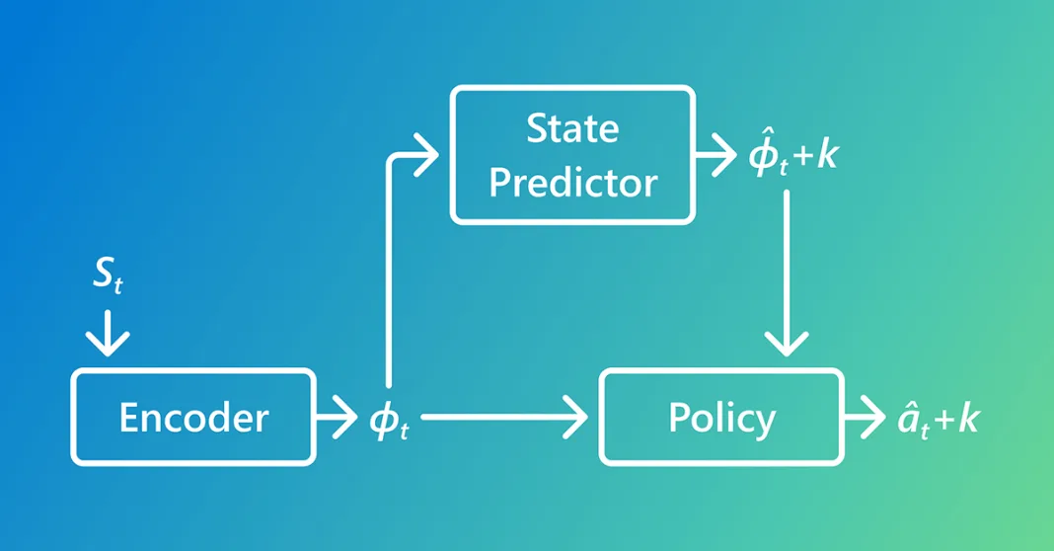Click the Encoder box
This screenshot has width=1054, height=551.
[x=193, y=417]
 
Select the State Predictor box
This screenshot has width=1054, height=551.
[x=572, y=155]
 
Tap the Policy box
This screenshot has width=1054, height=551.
[x=721, y=417]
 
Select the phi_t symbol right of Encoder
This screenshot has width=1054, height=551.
[x=387, y=419]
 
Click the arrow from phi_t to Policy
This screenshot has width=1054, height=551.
[x=503, y=417]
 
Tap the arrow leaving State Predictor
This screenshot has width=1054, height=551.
[x=716, y=155]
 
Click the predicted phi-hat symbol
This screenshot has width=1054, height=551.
[x=765, y=155]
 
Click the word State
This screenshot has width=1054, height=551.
[x=572, y=128]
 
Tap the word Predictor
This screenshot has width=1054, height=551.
[x=572, y=183]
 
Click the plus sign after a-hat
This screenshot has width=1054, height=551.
[x=944, y=421]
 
